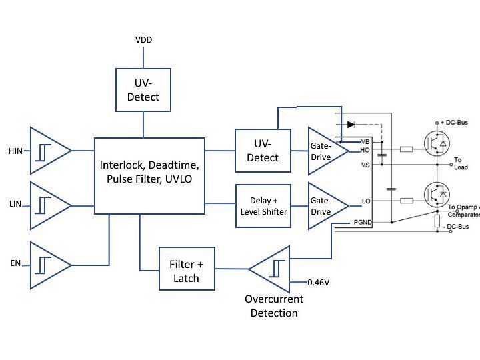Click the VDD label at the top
[x=143, y=40]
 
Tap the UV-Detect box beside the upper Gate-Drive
[x=263, y=150]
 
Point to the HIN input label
[x=16, y=151]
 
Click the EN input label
[x=15, y=264]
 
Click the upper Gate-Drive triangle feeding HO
[x=325, y=151]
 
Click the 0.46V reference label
[x=319, y=282]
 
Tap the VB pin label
[x=365, y=141]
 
